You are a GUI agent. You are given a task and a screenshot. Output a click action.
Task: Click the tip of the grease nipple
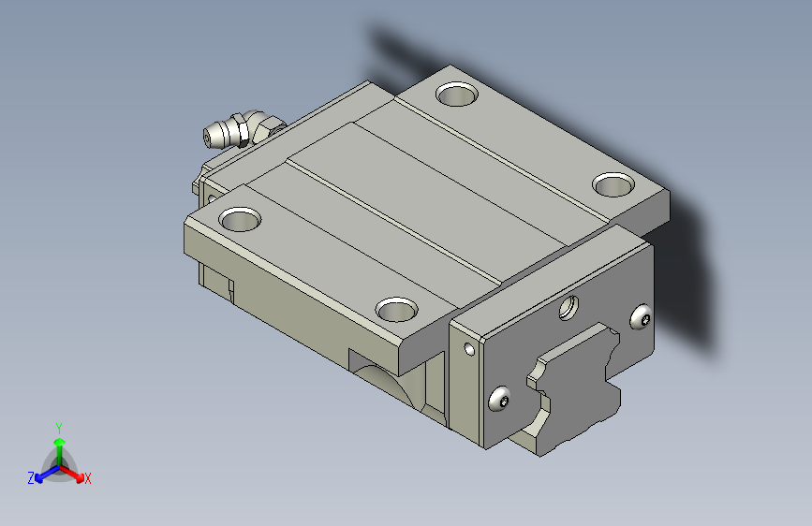pyautogui.click(x=206, y=138)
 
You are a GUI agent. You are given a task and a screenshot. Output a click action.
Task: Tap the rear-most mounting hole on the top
pyautogui.click(x=457, y=95)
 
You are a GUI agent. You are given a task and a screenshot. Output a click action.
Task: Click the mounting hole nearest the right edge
pyautogui.click(x=613, y=184)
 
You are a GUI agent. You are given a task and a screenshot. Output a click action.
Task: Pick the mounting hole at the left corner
pyautogui.click(x=240, y=220)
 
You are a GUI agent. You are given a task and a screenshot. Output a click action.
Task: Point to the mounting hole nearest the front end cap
pyautogui.click(x=397, y=309)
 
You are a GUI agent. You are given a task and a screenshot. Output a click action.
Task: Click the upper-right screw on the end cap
pyautogui.click(x=642, y=317)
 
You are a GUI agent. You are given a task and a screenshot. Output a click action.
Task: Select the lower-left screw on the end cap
pyautogui.click(x=499, y=399)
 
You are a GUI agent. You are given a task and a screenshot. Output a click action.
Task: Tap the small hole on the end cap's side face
pyautogui.click(x=470, y=349)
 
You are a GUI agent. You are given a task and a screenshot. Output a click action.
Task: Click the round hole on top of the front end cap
pyautogui.click(x=568, y=308)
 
